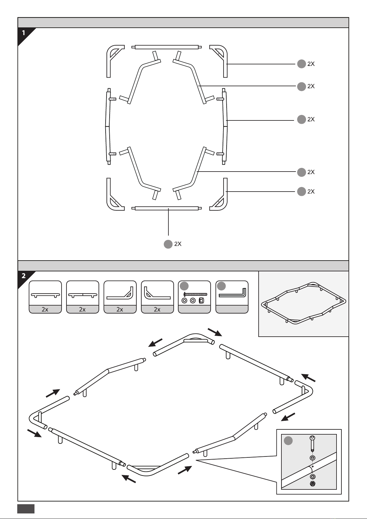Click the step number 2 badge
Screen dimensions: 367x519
pos(23,276)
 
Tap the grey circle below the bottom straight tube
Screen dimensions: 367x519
pos(168,244)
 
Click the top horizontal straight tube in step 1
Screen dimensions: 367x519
pos(167,47)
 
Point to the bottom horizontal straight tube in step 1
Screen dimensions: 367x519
pos(167,208)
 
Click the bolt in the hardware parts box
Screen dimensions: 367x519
pos(195,294)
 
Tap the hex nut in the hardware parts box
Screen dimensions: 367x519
pos(201,301)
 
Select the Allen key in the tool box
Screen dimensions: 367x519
pos(232,292)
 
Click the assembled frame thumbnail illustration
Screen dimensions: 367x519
pos(304,303)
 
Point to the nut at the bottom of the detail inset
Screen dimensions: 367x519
pos(313,484)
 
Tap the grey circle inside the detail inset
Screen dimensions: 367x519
pos(288,441)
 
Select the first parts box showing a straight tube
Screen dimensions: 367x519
pos(45,297)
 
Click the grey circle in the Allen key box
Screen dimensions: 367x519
pos(221,286)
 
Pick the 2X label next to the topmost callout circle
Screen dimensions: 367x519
pos(311,64)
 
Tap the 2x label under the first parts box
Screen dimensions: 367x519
pos(45,310)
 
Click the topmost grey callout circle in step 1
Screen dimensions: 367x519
pos(301,64)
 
